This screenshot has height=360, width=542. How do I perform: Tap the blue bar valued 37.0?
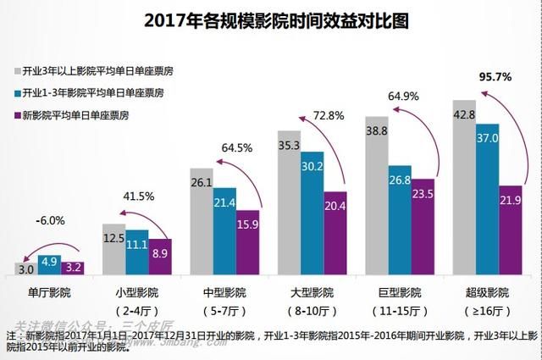(x=488, y=199)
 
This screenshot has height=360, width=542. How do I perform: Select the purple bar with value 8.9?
(x=159, y=258)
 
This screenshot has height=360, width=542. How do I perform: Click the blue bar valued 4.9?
(x=50, y=263)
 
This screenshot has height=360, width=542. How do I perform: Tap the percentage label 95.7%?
(x=495, y=77)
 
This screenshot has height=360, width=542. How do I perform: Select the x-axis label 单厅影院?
(x=50, y=292)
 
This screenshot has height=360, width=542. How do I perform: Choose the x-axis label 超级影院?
(x=487, y=292)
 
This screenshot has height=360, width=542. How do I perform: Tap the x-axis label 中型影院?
(x=225, y=292)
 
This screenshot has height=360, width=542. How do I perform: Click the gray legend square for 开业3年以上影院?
(x=17, y=70)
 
